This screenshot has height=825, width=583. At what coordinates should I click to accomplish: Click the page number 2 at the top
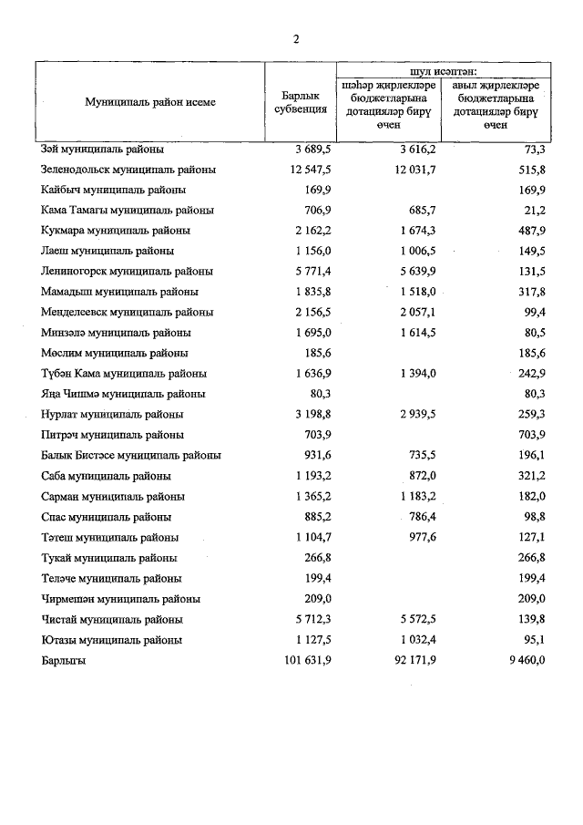click(x=296, y=38)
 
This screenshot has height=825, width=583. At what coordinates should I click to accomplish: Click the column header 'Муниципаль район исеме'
click(x=150, y=102)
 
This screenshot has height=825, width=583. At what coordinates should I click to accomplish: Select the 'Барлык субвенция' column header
click(x=301, y=102)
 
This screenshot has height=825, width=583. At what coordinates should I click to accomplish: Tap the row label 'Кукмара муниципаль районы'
click(x=115, y=231)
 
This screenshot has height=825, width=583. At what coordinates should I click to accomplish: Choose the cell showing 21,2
click(x=534, y=211)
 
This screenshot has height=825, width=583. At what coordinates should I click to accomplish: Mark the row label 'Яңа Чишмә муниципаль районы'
click(x=123, y=394)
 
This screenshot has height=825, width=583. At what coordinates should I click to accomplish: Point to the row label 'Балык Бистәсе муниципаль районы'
click(x=131, y=456)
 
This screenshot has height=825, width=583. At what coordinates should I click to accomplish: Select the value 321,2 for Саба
click(x=530, y=476)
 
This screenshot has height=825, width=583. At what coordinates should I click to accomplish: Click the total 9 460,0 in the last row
click(x=527, y=661)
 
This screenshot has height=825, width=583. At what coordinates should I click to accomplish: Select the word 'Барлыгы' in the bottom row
click(x=63, y=661)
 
